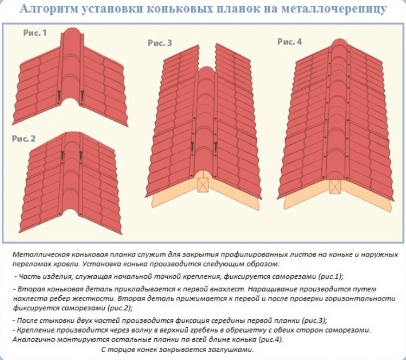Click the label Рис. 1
point(35,33)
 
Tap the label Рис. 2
point(23,139)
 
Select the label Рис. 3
point(160,43)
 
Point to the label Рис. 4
point(290,42)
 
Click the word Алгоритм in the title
point(49,9)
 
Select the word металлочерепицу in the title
point(334,9)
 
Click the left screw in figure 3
point(192,147)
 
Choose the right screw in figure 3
point(215,147)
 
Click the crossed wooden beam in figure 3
point(203,185)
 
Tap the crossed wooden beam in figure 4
point(335,187)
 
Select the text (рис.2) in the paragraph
point(119,308)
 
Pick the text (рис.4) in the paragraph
point(271,339)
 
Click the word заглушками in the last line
point(231,350)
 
